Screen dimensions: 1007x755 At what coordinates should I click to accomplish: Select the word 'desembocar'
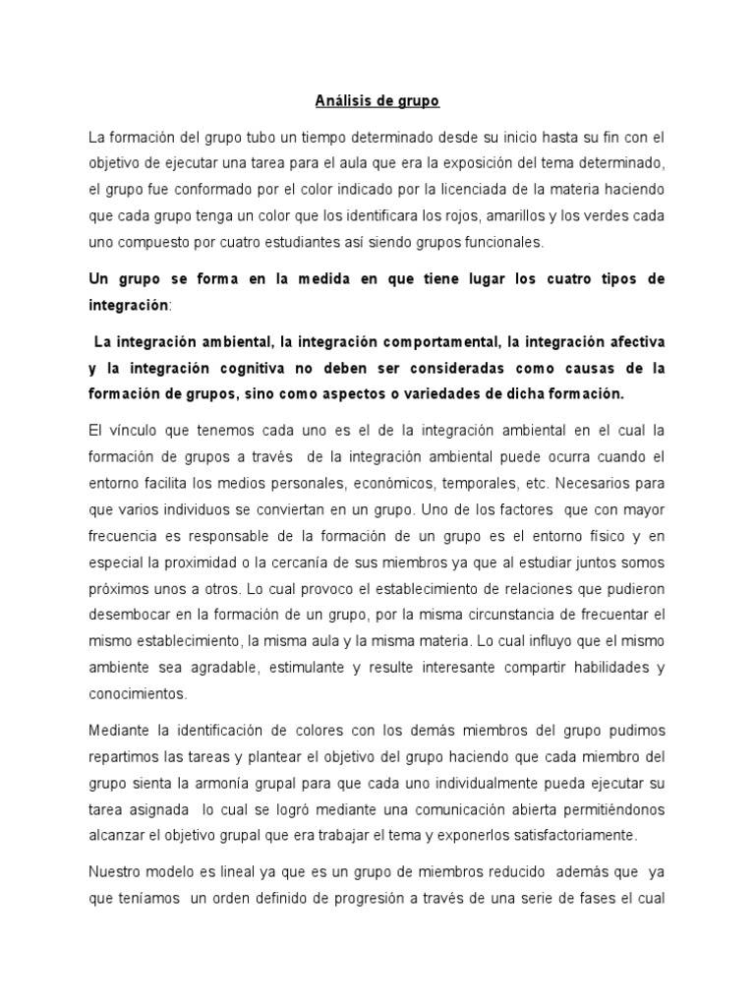tap(130, 615)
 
